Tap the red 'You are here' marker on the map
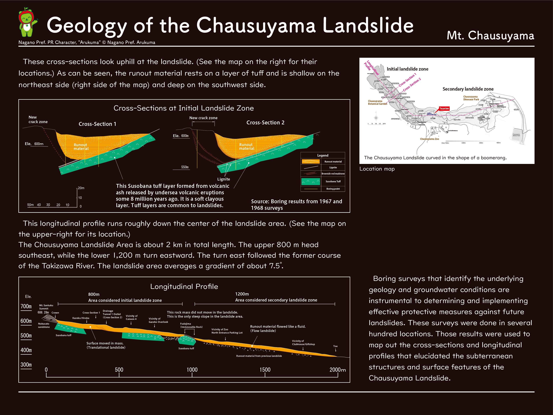[444, 109]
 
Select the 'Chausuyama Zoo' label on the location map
[429, 139]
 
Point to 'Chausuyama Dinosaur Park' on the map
[471, 98]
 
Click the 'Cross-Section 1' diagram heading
[97, 124]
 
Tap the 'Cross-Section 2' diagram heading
[265, 123]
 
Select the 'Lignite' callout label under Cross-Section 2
[224, 179]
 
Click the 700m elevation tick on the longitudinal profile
[26, 306]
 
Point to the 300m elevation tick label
[26, 365]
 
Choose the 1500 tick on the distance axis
[265, 370]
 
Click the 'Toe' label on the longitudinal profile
[335, 346]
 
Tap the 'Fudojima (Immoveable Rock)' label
[191, 325]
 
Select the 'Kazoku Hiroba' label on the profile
[81, 318]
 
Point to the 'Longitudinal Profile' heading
[184, 287]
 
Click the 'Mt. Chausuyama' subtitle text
[490, 36]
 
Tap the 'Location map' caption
[377, 169]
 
